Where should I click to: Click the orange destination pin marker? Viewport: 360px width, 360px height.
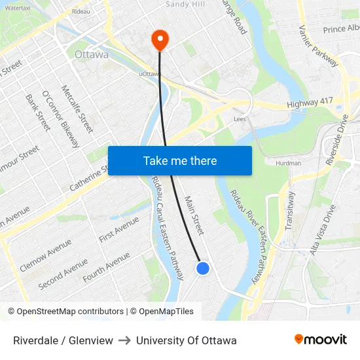(x=160, y=39)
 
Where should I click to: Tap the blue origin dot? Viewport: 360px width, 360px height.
(x=203, y=268)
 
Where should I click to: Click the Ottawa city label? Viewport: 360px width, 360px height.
(x=92, y=54)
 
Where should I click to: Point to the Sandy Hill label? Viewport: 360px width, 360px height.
(x=185, y=5)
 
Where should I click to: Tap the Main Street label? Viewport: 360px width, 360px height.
(x=194, y=215)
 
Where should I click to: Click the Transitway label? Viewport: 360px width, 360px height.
(x=291, y=209)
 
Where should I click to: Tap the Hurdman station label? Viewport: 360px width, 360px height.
(x=288, y=163)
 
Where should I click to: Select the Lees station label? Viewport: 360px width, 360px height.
(x=240, y=119)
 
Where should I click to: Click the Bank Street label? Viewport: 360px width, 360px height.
(x=37, y=112)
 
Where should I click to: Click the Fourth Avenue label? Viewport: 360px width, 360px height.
(x=106, y=268)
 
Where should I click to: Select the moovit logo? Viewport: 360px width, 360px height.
(x=320, y=340)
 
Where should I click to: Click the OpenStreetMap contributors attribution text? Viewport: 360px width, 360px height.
(x=65, y=312)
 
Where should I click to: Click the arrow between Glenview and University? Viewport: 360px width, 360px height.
(x=124, y=340)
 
